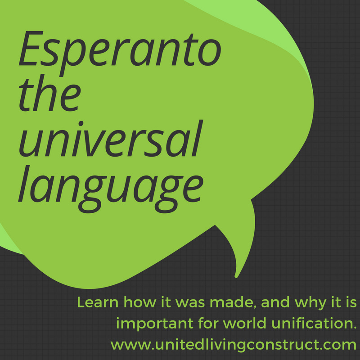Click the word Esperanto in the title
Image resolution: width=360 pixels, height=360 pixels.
point(120,53)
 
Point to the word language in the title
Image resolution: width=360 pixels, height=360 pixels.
point(111,189)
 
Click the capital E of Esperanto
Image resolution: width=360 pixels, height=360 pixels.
point(31,48)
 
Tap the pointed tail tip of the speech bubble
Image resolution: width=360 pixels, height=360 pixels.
point(236,276)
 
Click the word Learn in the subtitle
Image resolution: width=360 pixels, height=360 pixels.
point(98,302)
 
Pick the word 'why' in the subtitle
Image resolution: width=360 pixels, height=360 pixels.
point(310,303)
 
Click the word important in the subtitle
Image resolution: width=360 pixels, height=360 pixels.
point(155,323)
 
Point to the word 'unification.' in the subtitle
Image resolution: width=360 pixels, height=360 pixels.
point(314,323)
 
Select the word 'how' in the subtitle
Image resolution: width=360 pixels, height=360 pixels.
point(140,302)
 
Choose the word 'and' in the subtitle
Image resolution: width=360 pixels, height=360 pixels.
point(275,302)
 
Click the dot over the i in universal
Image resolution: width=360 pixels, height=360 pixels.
point(81,123)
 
